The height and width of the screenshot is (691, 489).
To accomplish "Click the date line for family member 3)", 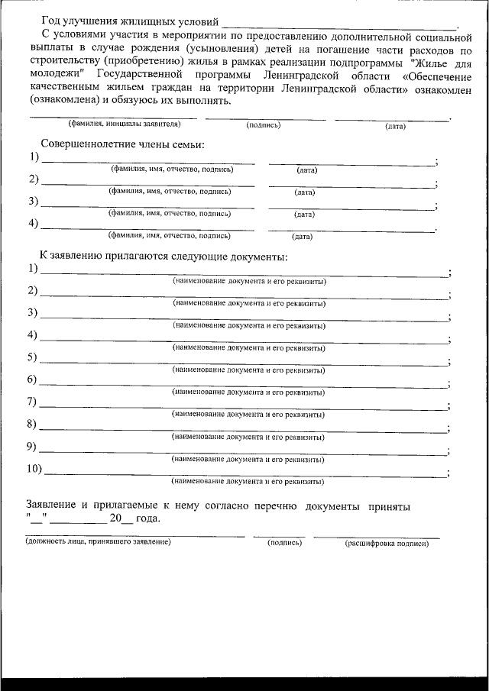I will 351,207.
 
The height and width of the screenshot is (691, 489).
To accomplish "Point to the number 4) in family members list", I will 34,224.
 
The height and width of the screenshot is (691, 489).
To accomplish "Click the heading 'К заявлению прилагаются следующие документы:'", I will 164,256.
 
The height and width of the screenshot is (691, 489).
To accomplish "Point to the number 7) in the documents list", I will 33,402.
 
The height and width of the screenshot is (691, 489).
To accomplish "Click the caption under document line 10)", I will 248,482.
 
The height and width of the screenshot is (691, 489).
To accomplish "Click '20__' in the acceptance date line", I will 121,518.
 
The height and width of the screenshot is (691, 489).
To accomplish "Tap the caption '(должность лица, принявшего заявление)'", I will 98,542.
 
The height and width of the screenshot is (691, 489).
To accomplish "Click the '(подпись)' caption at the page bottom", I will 284,543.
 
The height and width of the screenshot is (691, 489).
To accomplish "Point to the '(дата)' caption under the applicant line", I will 395,126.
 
